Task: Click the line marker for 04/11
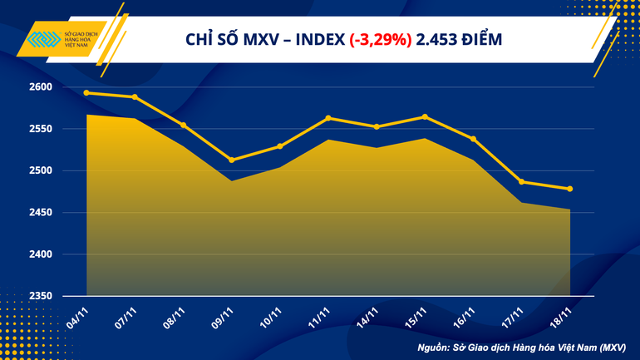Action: coord(86,93)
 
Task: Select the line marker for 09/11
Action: coord(231,160)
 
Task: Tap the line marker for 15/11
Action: coord(425,116)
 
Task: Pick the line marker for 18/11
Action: coord(569,189)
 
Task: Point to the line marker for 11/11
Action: coord(328,118)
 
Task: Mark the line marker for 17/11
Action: coord(521,182)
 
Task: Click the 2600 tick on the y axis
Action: coord(41,87)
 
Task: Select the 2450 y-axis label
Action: coord(41,213)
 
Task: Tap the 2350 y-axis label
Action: coord(41,296)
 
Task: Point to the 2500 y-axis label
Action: coord(41,171)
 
